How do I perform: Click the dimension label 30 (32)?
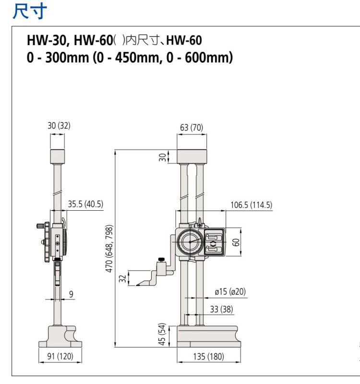[58, 126]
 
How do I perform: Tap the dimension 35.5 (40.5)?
[85, 204]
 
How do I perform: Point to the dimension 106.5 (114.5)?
[251, 205]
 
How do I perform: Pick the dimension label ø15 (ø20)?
[230, 291]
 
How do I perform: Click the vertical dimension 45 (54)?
[162, 334]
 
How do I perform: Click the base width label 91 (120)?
[60, 356]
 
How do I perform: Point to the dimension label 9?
[71, 294]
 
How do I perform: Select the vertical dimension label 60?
[236, 242]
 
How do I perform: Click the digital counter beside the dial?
[213, 242]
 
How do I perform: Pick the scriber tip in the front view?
[137, 286]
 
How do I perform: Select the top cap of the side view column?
[58, 156]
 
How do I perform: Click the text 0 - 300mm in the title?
[55, 59]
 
